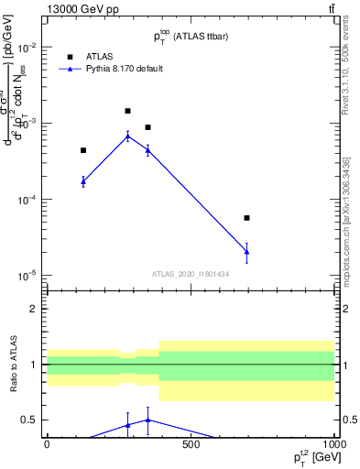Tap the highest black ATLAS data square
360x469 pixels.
pos(128,111)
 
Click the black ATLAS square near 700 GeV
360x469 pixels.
pos(247,218)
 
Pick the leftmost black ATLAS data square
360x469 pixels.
pos(83,150)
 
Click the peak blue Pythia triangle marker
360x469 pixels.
pos(128,136)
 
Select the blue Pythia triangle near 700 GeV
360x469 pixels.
pos(247,251)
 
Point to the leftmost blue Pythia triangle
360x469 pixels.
pos(83,180)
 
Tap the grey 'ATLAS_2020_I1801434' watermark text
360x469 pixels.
pos(191,274)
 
